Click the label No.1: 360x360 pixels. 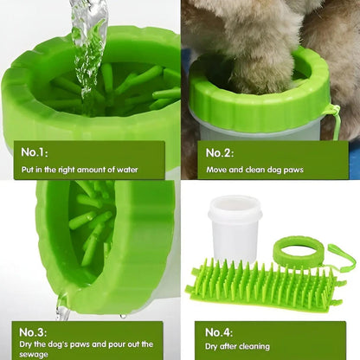coord(35,152)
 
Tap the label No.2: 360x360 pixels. coord(220,153)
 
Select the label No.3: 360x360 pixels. coord(33,332)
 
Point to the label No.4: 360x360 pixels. coord(219,332)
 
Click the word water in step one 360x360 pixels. coord(127,170)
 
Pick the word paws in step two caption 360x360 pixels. coord(293,170)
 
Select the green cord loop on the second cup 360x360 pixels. coord(335,121)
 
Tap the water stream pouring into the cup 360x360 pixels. coord(89,49)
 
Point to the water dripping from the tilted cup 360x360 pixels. coord(63,308)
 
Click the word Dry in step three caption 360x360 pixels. coord(26,344)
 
